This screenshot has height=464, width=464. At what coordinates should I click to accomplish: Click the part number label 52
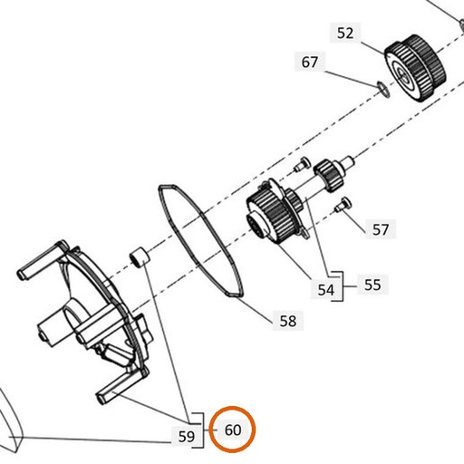(345, 33)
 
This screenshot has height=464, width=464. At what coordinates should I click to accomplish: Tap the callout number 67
(310, 63)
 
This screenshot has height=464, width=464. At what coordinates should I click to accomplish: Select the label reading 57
(381, 229)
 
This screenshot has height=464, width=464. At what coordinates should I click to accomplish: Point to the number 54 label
(326, 290)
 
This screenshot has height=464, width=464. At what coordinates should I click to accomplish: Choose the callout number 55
(372, 285)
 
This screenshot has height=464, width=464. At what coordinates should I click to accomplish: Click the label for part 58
(288, 321)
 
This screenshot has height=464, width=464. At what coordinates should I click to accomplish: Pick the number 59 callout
(187, 437)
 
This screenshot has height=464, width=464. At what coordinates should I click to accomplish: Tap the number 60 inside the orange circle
(233, 430)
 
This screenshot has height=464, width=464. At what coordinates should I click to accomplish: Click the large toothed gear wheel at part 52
(415, 68)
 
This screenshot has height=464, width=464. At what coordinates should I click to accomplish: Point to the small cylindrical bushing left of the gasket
(140, 257)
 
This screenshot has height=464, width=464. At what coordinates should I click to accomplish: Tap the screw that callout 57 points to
(343, 205)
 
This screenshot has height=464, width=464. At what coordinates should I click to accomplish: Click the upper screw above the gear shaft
(303, 164)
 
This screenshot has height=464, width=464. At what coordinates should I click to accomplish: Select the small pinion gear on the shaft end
(329, 176)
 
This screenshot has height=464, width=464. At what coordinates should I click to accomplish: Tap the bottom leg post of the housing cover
(121, 386)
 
